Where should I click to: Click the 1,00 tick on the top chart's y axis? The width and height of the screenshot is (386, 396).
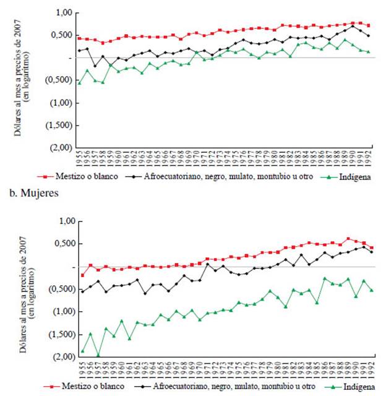click(64, 12)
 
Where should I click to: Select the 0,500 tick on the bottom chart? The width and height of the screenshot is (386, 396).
click(63, 244)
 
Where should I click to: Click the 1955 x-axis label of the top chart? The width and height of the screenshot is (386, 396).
click(79, 158)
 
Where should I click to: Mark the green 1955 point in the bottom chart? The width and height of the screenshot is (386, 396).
click(82, 351)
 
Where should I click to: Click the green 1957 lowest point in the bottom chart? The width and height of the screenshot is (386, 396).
click(98, 355)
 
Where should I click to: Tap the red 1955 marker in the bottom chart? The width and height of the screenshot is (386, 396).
click(82, 275)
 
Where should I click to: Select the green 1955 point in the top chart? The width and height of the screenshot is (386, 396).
click(79, 82)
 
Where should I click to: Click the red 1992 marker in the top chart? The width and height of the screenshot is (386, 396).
click(369, 26)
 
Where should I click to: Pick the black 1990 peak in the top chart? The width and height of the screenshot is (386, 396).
click(353, 26)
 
